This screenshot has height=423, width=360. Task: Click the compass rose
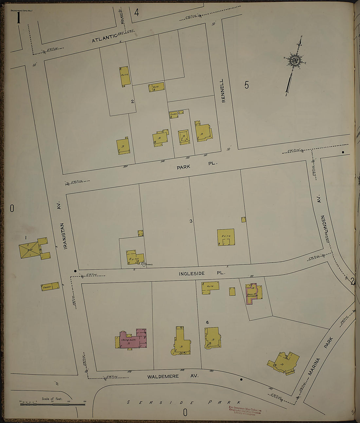point(294,61)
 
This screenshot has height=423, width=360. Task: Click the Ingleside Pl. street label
point(202,273)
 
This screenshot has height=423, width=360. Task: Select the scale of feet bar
point(52,404)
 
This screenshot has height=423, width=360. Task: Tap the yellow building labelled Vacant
point(50,287)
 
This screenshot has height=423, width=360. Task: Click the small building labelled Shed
point(173,115)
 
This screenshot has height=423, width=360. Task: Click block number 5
point(246,85)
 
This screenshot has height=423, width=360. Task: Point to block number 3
point(191,221)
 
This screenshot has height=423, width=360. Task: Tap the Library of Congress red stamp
point(245,410)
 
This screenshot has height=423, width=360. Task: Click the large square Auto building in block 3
point(226,237)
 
